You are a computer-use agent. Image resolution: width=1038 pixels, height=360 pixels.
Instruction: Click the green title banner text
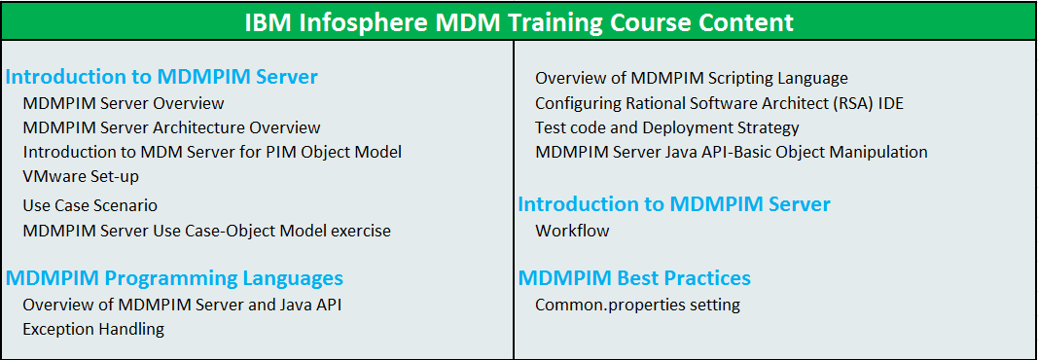pos(518,21)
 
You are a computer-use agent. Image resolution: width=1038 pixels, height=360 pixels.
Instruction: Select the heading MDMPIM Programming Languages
pos(174,278)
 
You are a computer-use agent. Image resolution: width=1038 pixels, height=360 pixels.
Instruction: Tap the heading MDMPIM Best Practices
pos(634,278)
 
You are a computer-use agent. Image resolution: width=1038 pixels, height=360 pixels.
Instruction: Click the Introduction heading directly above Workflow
pos(674,204)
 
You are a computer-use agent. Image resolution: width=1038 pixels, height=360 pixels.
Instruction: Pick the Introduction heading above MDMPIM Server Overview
pos(161,77)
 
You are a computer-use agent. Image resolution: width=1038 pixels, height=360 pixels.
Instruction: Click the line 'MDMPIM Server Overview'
pos(124,103)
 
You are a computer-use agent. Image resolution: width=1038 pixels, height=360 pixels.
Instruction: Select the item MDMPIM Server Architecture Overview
pos(171,127)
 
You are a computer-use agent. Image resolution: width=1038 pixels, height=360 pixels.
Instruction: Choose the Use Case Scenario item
pos(90,205)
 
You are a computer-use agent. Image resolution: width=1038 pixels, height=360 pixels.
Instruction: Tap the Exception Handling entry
pos(93,329)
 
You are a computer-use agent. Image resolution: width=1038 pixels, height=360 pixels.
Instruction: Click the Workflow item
pos(572,231)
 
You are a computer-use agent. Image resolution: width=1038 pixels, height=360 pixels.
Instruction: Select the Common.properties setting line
pos(637,305)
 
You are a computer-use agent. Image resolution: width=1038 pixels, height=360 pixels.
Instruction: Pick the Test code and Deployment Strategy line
pos(666,127)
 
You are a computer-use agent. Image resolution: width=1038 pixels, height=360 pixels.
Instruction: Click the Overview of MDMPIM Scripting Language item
pos(691,78)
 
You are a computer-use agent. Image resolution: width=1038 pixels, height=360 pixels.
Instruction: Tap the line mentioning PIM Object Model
pos(212,152)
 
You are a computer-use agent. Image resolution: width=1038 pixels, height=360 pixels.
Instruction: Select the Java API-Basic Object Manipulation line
pos(731,152)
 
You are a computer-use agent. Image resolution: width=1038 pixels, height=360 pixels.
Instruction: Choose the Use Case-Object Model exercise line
pos(206,231)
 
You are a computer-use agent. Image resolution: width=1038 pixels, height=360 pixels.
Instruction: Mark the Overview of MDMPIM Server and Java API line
pos(182,305)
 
